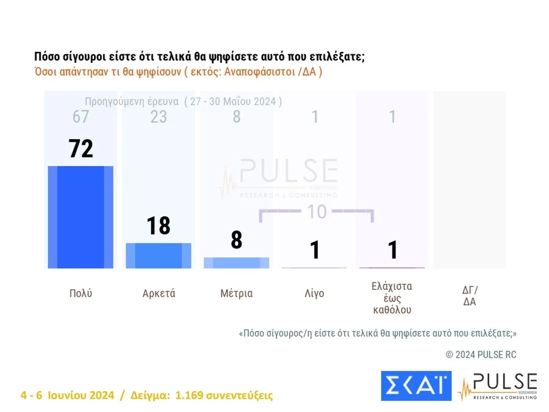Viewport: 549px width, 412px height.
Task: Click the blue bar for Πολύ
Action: click(x=81, y=217)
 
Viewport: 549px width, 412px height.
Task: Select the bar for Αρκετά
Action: click(x=159, y=255)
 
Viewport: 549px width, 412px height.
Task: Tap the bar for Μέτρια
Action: click(x=237, y=262)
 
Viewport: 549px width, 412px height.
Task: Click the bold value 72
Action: click(x=81, y=148)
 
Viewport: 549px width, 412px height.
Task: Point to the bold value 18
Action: click(x=159, y=226)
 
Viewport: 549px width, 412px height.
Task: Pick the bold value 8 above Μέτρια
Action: click(x=237, y=240)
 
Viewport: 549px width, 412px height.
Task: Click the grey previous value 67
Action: click(x=81, y=117)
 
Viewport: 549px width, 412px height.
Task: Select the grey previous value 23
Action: click(x=159, y=117)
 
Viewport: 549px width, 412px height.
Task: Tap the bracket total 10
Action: click(x=317, y=212)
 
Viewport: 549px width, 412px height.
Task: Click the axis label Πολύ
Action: click(x=81, y=293)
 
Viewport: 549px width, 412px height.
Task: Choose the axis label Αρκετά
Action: click(x=159, y=293)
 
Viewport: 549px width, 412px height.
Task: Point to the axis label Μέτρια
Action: click(x=237, y=293)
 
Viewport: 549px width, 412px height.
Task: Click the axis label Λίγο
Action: click(x=315, y=293)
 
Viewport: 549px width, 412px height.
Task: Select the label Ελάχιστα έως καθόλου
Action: click(x=392, y=297)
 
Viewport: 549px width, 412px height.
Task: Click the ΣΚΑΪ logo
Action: click(x=416, y=386)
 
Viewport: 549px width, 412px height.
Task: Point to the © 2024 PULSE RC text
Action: click(x=481, y=355)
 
